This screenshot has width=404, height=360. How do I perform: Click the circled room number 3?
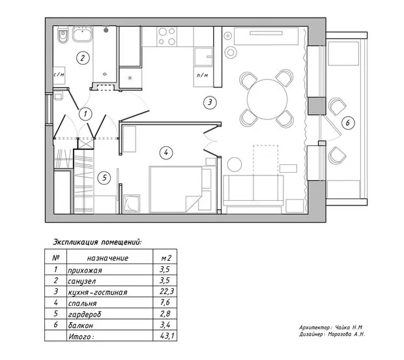(x=209, y=102)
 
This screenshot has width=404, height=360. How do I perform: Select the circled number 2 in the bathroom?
(x=82, y=57)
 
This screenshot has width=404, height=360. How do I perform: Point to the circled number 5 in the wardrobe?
(x=102, y=177)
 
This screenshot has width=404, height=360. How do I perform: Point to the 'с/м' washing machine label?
(x=59, y=74)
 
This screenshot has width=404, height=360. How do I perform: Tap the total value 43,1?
(x=166, y=337)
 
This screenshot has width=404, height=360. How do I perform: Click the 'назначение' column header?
(x=108, y=258)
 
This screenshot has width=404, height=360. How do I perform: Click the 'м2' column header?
(x=166, y=258)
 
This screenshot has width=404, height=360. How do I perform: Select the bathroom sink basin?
(x=82, y=36)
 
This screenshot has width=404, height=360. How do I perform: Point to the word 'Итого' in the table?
(x=81, y=337)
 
